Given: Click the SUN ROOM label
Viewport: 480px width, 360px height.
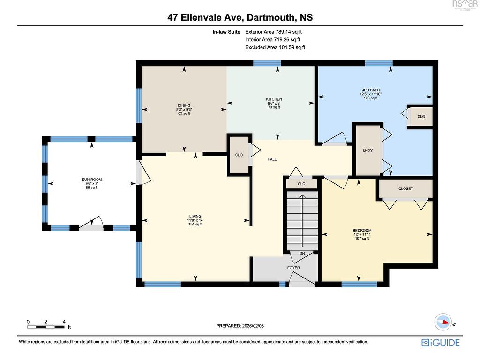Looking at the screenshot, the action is pos(92,180).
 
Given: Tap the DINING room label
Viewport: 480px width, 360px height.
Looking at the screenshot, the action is pos(184,105).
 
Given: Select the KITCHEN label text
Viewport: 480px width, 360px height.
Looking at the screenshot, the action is pos(274,99).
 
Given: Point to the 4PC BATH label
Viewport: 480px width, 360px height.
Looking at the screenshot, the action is pos(371,90).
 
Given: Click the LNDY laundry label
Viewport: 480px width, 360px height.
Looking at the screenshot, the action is pos(367,150).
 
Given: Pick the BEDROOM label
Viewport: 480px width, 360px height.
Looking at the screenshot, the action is pos(362,231).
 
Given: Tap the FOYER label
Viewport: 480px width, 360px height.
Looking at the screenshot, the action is pos(293,268).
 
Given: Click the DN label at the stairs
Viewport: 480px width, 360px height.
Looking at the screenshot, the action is pos(302,254).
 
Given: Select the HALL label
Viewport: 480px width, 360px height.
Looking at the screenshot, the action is pos(272,159).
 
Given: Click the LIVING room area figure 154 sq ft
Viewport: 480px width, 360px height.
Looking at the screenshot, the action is pos(195,224).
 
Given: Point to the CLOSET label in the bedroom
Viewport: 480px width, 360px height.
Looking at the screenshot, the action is pos(405,188).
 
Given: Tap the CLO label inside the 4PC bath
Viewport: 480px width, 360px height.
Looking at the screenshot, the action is pos(421,117).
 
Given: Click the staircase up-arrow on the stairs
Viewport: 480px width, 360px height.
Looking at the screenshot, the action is pos(302,220).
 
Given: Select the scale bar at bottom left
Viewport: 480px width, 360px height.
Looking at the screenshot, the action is pos(46,327).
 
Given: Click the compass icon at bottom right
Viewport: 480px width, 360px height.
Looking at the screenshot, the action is pos(443,322).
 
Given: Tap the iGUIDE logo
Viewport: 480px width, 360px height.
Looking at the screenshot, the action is pos(441,343).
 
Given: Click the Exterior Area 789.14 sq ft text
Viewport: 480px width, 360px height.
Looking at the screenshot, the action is pos(274,32).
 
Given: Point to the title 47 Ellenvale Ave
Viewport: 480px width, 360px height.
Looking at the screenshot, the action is pos(205,17).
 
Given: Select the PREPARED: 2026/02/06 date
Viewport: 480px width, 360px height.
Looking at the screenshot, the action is pos(240,326).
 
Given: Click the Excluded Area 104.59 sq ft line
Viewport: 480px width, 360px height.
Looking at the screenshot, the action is pos(275,47).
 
